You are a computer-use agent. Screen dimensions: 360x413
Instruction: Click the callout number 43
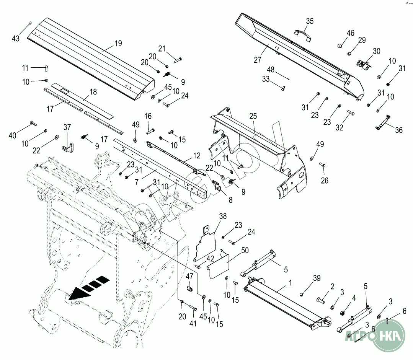tap(16, 38)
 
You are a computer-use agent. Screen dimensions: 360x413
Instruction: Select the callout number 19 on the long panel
tap(118, 44)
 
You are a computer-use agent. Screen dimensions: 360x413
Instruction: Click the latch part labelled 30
tap(363, 65)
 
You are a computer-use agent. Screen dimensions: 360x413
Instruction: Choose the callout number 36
tap(398, 130)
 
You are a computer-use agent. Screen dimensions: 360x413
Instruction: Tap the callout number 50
tap(245, 251)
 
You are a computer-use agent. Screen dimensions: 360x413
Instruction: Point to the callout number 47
tap(189, 276)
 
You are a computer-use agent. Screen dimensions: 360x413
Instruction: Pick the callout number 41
tap(193, 324)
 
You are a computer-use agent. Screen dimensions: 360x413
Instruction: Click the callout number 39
tap(317, 278)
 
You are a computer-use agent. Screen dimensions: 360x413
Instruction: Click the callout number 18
tap(93, 92)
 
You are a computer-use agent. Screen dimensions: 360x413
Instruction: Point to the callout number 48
tap(271, 70)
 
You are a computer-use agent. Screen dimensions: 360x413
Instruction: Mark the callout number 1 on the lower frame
tap(290, 283)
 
